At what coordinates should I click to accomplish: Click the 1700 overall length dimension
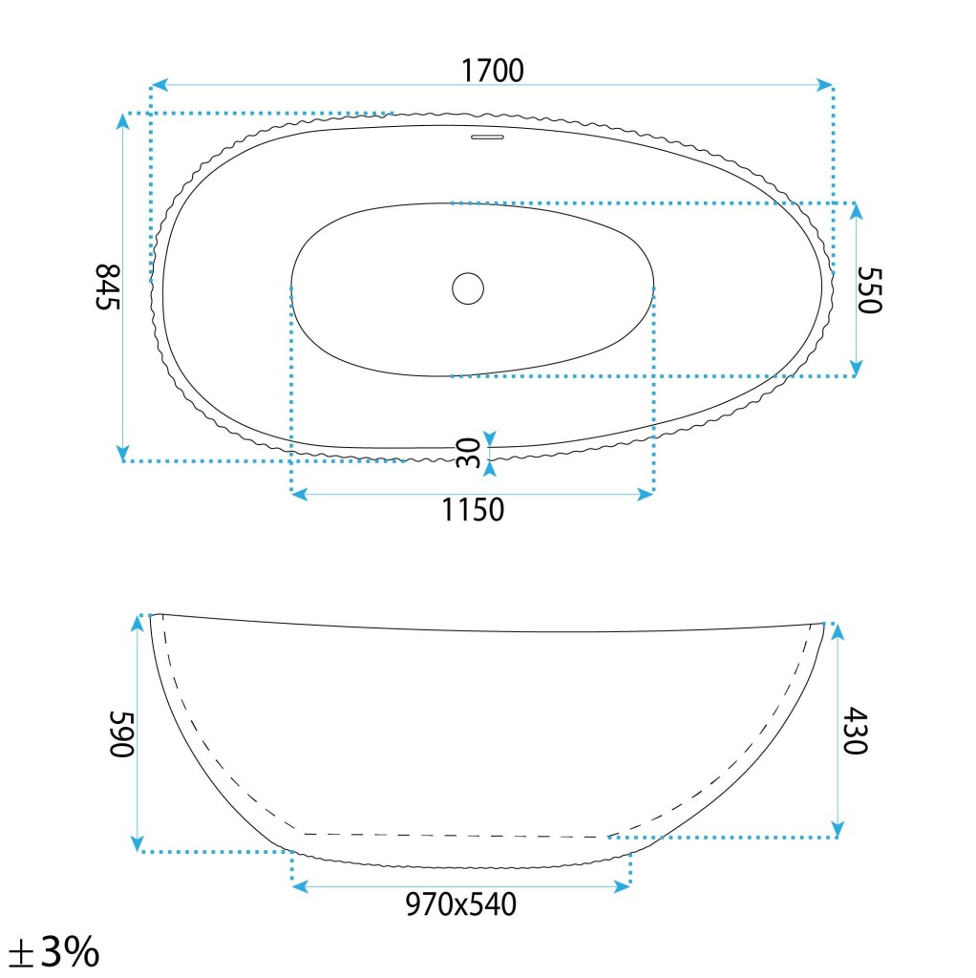pos(492,71)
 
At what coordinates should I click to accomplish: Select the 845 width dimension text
pos(107,287)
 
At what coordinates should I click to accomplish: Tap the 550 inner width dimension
pos(869,290)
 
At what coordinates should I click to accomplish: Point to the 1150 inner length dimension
pos(473,510)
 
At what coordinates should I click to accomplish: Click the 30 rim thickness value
pos(468,454)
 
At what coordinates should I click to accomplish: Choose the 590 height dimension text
pos(121,733)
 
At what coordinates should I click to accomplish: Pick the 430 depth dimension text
pos(855,731)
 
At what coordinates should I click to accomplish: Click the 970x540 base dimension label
pos(461,904)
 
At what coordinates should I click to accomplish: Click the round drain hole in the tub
pos(468,288)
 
